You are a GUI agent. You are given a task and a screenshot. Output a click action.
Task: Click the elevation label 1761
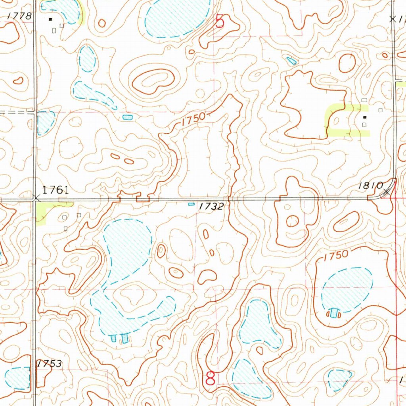point(56,190)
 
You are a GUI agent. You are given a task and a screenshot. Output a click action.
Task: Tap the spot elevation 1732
point(211,206)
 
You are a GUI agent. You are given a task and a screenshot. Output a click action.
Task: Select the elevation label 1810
point(371,186)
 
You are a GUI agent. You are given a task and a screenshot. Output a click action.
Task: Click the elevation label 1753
point(50,364)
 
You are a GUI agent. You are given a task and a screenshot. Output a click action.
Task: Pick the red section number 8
point(210,378)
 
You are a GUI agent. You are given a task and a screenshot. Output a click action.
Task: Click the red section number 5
point(220,21)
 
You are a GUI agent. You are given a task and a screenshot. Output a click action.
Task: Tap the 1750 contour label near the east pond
point(335,255)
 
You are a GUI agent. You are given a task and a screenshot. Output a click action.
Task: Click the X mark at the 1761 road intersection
point(36,197)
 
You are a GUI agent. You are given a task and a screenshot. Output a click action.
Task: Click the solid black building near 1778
point(50,19)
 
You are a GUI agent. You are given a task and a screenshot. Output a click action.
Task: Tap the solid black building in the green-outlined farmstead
point(365,117)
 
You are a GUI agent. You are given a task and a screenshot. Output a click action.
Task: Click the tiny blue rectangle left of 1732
point(191,204)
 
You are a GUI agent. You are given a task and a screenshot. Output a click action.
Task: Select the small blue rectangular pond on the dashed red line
point(127,117)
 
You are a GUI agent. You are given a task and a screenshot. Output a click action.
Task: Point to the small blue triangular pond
point(291,61)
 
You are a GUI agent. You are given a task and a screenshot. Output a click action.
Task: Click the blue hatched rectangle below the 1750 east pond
point(335,313)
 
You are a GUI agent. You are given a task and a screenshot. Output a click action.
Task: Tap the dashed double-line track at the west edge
point(16,112)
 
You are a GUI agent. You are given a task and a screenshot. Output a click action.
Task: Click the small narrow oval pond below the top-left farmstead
point(87,59)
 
